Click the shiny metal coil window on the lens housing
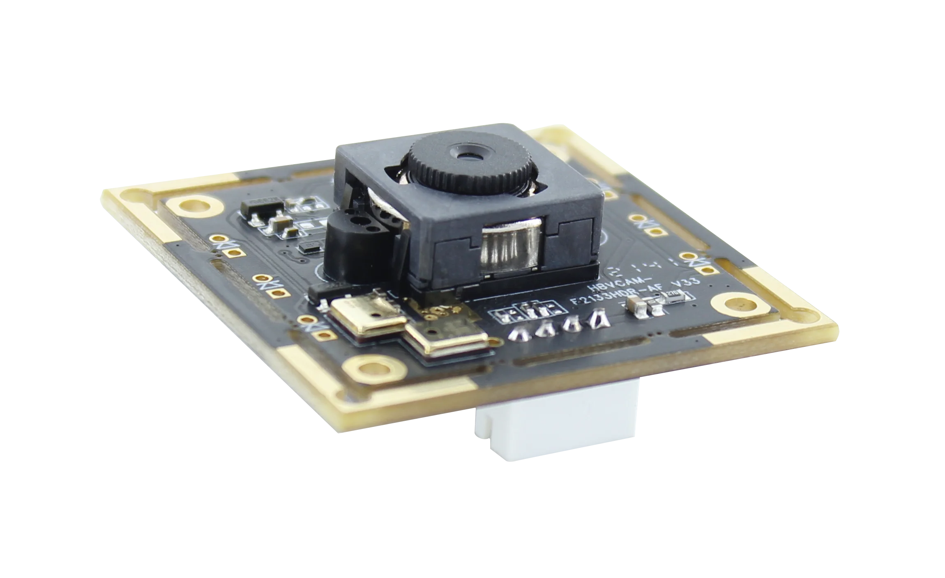click(x=509, y=246)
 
